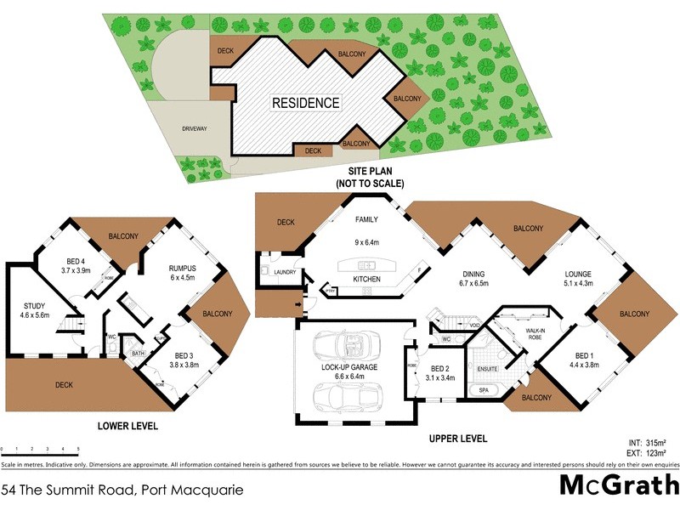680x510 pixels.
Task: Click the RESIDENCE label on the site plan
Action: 305,103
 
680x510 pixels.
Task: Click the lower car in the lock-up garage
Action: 347,397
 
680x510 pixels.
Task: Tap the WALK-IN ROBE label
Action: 534,334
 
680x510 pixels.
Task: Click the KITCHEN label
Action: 367,279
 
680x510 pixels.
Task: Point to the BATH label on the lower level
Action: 136,354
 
